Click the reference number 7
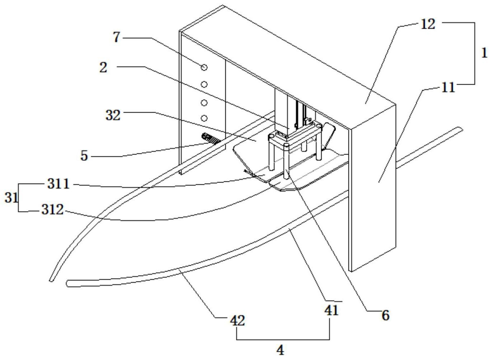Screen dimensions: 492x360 [117, 37]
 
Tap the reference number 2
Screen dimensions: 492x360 [103, 67]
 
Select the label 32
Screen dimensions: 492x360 [113, 115]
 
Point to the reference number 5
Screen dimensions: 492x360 [84, 156]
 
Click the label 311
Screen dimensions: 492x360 [58, 184]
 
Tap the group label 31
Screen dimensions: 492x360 [11, 198]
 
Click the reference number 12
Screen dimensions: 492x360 [428, 24]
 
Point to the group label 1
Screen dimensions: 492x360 [484, 53]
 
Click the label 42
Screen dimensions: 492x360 [238, 321]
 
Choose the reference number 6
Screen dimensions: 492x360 [386, 316]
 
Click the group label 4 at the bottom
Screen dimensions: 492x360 [280, 350]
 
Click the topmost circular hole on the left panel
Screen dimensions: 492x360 [204, 67]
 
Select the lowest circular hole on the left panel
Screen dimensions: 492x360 [204, 118]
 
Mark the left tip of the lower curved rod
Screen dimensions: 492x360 [67, 283]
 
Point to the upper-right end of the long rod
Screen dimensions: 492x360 [460, 129]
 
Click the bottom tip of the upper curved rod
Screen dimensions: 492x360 [51, 280]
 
